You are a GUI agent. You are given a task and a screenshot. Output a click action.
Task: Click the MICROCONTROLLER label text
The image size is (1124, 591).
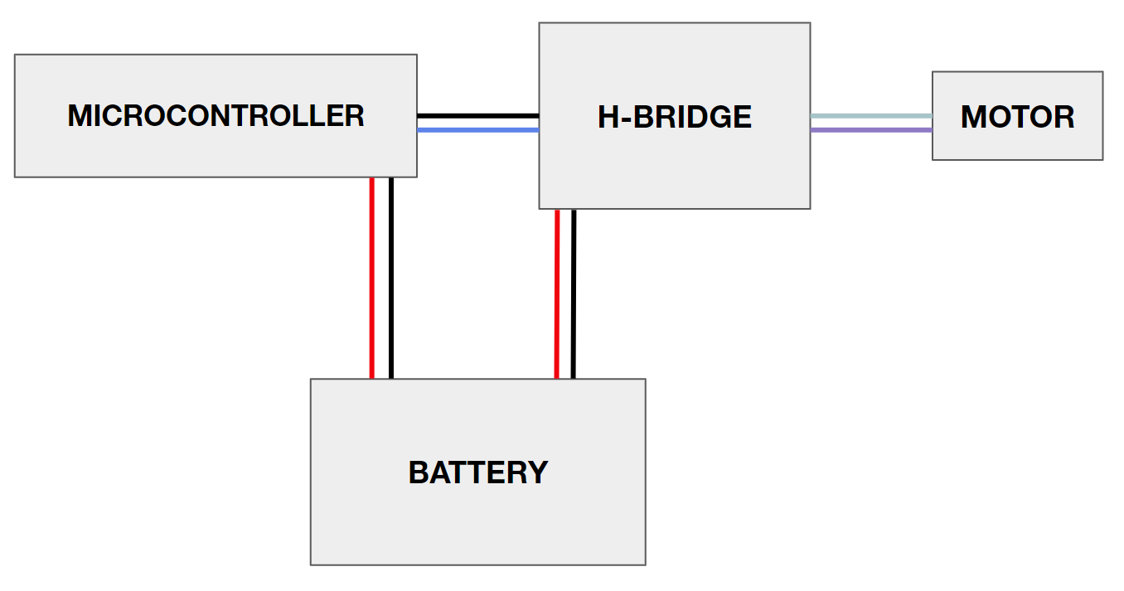[216, 115]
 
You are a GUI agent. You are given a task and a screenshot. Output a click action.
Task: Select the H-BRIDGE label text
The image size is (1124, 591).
[674, 117]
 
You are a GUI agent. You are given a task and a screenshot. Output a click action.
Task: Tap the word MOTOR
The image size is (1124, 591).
[1017, 117]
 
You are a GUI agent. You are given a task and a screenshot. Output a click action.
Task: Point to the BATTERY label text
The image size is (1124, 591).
[478, 472]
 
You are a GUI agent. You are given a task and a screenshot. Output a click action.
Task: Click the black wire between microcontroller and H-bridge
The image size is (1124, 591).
[477, 115]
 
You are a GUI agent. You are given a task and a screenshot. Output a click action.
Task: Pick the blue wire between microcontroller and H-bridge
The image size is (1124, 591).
[477, 129]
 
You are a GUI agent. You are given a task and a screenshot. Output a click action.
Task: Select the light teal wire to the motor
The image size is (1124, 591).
[870, 116]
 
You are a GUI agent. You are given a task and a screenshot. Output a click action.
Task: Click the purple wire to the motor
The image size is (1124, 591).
[870, 129]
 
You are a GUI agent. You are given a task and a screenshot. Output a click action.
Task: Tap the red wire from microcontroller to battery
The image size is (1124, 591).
[372, 278]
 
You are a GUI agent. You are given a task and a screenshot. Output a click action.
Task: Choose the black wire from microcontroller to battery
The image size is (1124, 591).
[390, 278]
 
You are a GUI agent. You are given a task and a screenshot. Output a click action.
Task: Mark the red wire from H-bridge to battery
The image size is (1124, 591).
[557, 293]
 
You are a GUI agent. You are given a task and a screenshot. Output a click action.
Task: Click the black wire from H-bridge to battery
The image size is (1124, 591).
[573, 293]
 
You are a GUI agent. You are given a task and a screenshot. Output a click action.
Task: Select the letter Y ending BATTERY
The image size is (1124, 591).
[537, 472]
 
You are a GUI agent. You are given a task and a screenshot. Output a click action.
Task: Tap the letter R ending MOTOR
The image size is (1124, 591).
[1064, 117]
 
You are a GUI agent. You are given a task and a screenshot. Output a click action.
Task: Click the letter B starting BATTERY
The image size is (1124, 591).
[419, 472]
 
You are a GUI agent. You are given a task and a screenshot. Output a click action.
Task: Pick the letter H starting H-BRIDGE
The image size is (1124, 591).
[608, 117]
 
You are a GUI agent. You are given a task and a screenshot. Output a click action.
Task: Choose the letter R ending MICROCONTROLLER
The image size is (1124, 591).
[355, 115]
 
